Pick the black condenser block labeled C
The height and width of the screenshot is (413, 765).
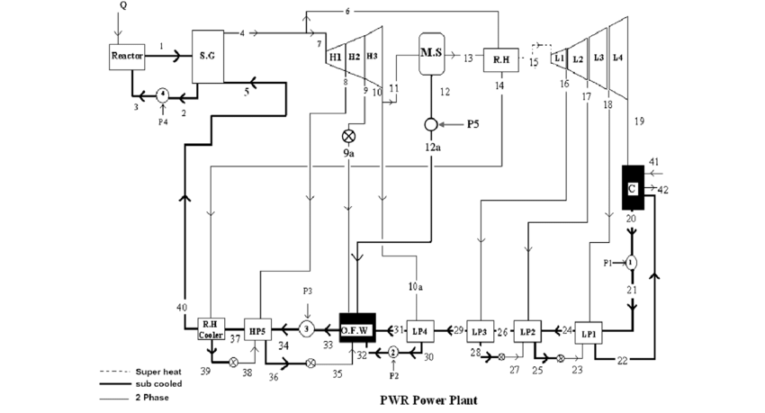[x=636, y=188]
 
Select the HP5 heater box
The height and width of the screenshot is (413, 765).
[x=258, y=331]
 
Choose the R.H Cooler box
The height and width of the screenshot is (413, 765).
[x=211, y=329]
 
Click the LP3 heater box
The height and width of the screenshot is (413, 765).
[x=482, y=330]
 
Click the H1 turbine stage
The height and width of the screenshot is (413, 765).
[x=335, y=56]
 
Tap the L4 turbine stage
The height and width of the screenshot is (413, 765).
[x=617, y=57]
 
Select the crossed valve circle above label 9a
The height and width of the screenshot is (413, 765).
[x=347, y=137]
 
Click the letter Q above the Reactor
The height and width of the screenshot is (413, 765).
[x=122, y=6]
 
